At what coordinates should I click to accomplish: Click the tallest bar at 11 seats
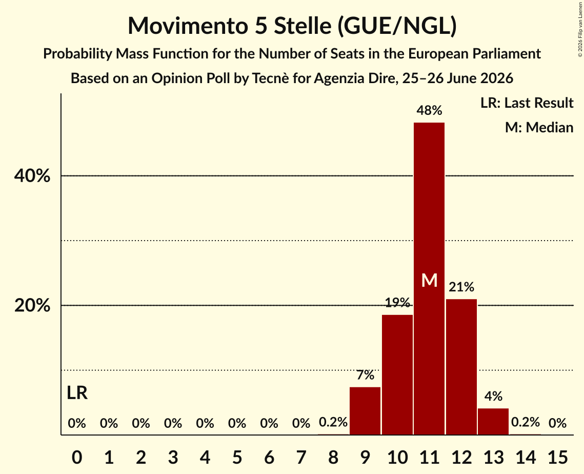click(429, 279)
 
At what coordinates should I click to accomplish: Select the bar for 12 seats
click(461, 367)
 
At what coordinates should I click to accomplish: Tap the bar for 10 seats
click(397, 374)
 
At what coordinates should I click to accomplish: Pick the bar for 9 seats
click(365, 411)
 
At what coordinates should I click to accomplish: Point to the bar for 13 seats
click(493, 422)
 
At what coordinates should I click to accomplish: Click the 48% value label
click(429, 110)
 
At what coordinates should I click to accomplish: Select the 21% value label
click(461, 287)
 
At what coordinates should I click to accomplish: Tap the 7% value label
click(365, 375)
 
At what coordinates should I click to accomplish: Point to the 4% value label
click(493, 396)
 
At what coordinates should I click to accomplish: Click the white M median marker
click(429, 280)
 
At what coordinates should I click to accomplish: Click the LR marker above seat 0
click(77, 393)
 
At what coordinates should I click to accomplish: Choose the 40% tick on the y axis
click(32, 175)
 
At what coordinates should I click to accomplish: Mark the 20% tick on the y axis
click(32, 305)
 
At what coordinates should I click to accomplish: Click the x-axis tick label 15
click(557, 457)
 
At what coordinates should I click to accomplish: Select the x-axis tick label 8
click(333, 457)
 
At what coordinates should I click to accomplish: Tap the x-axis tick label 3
click(173, 457)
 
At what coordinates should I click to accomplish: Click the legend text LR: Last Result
click(527, 103)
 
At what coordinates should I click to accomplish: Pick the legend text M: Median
click(539, 127)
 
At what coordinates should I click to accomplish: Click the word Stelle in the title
click(303, 26)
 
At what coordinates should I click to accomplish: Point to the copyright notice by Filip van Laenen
click(580, 30)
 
